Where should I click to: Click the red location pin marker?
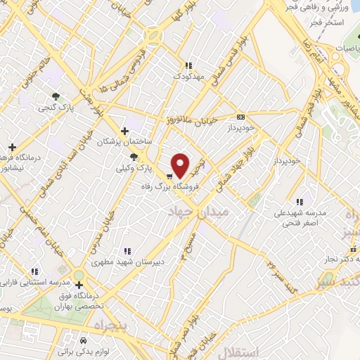click(181, 165)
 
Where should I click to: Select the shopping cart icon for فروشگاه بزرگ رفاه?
click(169, 176)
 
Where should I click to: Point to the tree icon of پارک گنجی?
click(56, 96)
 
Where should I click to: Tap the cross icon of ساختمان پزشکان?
click(124, 130)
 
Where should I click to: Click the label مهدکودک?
click(187, 75)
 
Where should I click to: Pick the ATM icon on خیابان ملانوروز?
click(242, 117)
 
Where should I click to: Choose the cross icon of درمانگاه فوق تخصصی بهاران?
click(79, 285)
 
